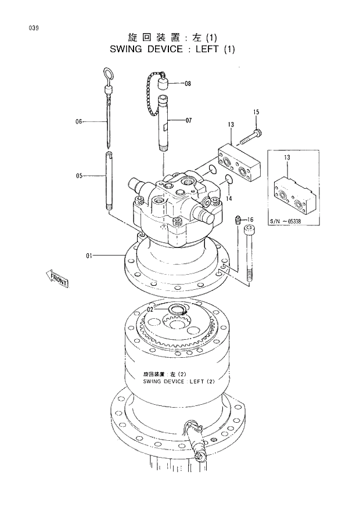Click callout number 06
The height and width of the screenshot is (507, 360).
[x=80, y=121]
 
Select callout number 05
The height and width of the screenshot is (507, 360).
[x=80, y=175]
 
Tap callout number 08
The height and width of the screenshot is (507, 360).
[x=188, y=84]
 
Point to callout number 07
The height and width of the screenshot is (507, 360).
[x=188, y=121]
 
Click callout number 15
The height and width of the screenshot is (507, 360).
[x=256, y=112]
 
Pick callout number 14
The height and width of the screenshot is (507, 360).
[x=229, y=199]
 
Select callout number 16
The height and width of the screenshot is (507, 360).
[x=250, y=220]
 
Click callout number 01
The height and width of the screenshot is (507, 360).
[x=89, y=254]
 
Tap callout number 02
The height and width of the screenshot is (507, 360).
[x=150, y=310]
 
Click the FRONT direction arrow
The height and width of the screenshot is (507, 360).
[x=57, y=279]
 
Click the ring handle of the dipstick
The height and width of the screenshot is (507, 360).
[x=108, y=74]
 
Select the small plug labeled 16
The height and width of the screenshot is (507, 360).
[x=238, y=220]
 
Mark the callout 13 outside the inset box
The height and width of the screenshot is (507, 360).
[x=231, y=125]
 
